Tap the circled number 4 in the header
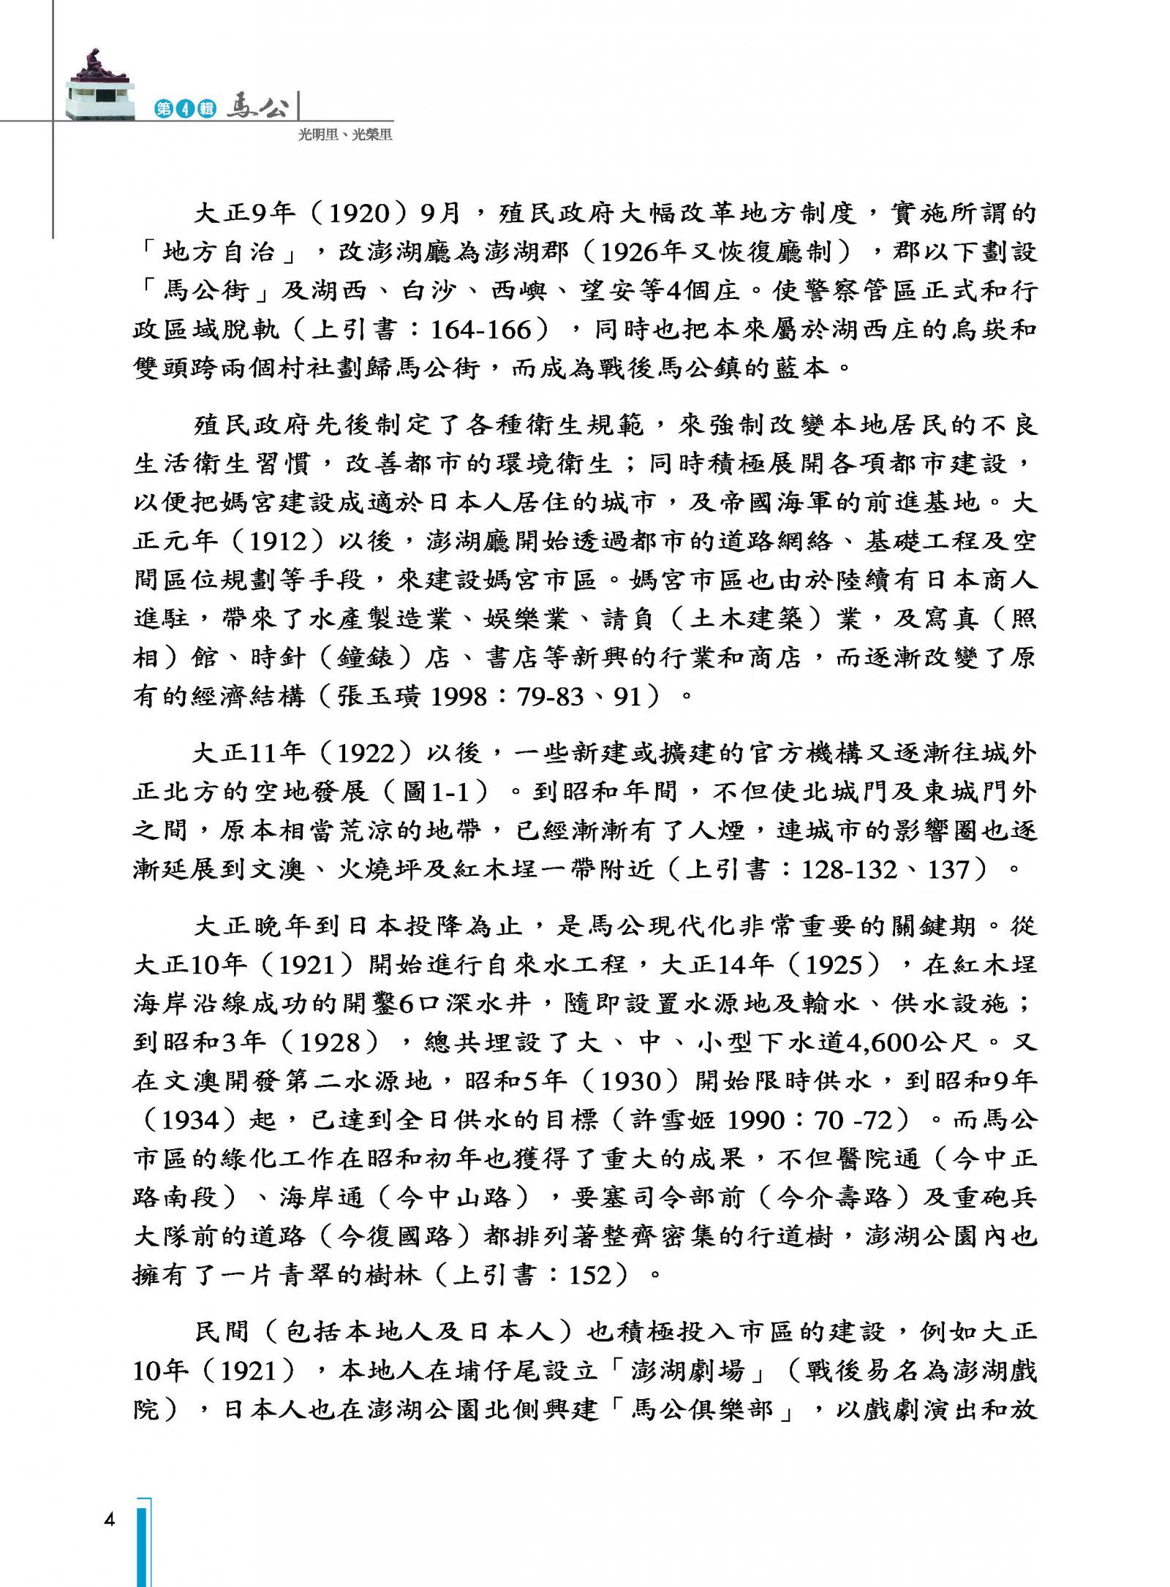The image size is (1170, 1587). [x=184, y=109]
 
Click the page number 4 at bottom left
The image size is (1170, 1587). [x=110, y=1521]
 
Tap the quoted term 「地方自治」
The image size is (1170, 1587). [x=217, y=253]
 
